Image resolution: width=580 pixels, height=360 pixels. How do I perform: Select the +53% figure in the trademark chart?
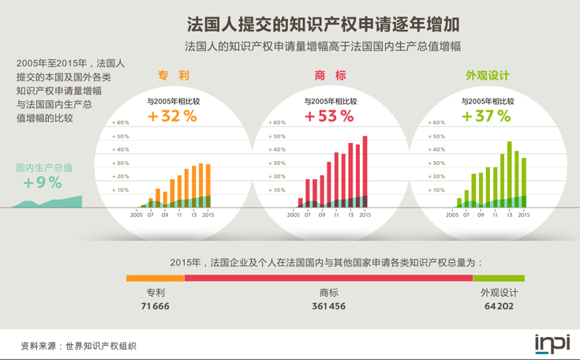(329, 116)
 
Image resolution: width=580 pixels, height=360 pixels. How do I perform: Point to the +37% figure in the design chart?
(486, 116)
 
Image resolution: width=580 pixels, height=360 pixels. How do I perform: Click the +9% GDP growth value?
(43, 182)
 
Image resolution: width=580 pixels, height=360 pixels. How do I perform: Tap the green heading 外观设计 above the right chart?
(487, 76)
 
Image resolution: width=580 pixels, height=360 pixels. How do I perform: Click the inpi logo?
(552, 343)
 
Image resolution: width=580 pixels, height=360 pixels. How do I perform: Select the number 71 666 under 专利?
(155, 306)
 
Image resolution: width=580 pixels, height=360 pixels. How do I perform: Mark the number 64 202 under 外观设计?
(499, 306)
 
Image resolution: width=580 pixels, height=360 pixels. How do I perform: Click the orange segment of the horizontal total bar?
(155, 278)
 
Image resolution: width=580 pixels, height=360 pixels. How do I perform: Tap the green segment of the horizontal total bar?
(499, 278)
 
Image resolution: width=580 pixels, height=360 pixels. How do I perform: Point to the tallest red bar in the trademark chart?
(365, 170)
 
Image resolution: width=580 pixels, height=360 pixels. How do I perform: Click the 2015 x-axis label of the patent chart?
(208, 214)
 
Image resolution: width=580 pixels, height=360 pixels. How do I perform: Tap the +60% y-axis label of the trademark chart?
(277, 123)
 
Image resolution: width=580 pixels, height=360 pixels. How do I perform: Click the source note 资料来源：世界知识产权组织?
(79, 345)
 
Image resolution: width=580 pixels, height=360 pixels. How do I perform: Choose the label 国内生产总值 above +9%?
(44, 167)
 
